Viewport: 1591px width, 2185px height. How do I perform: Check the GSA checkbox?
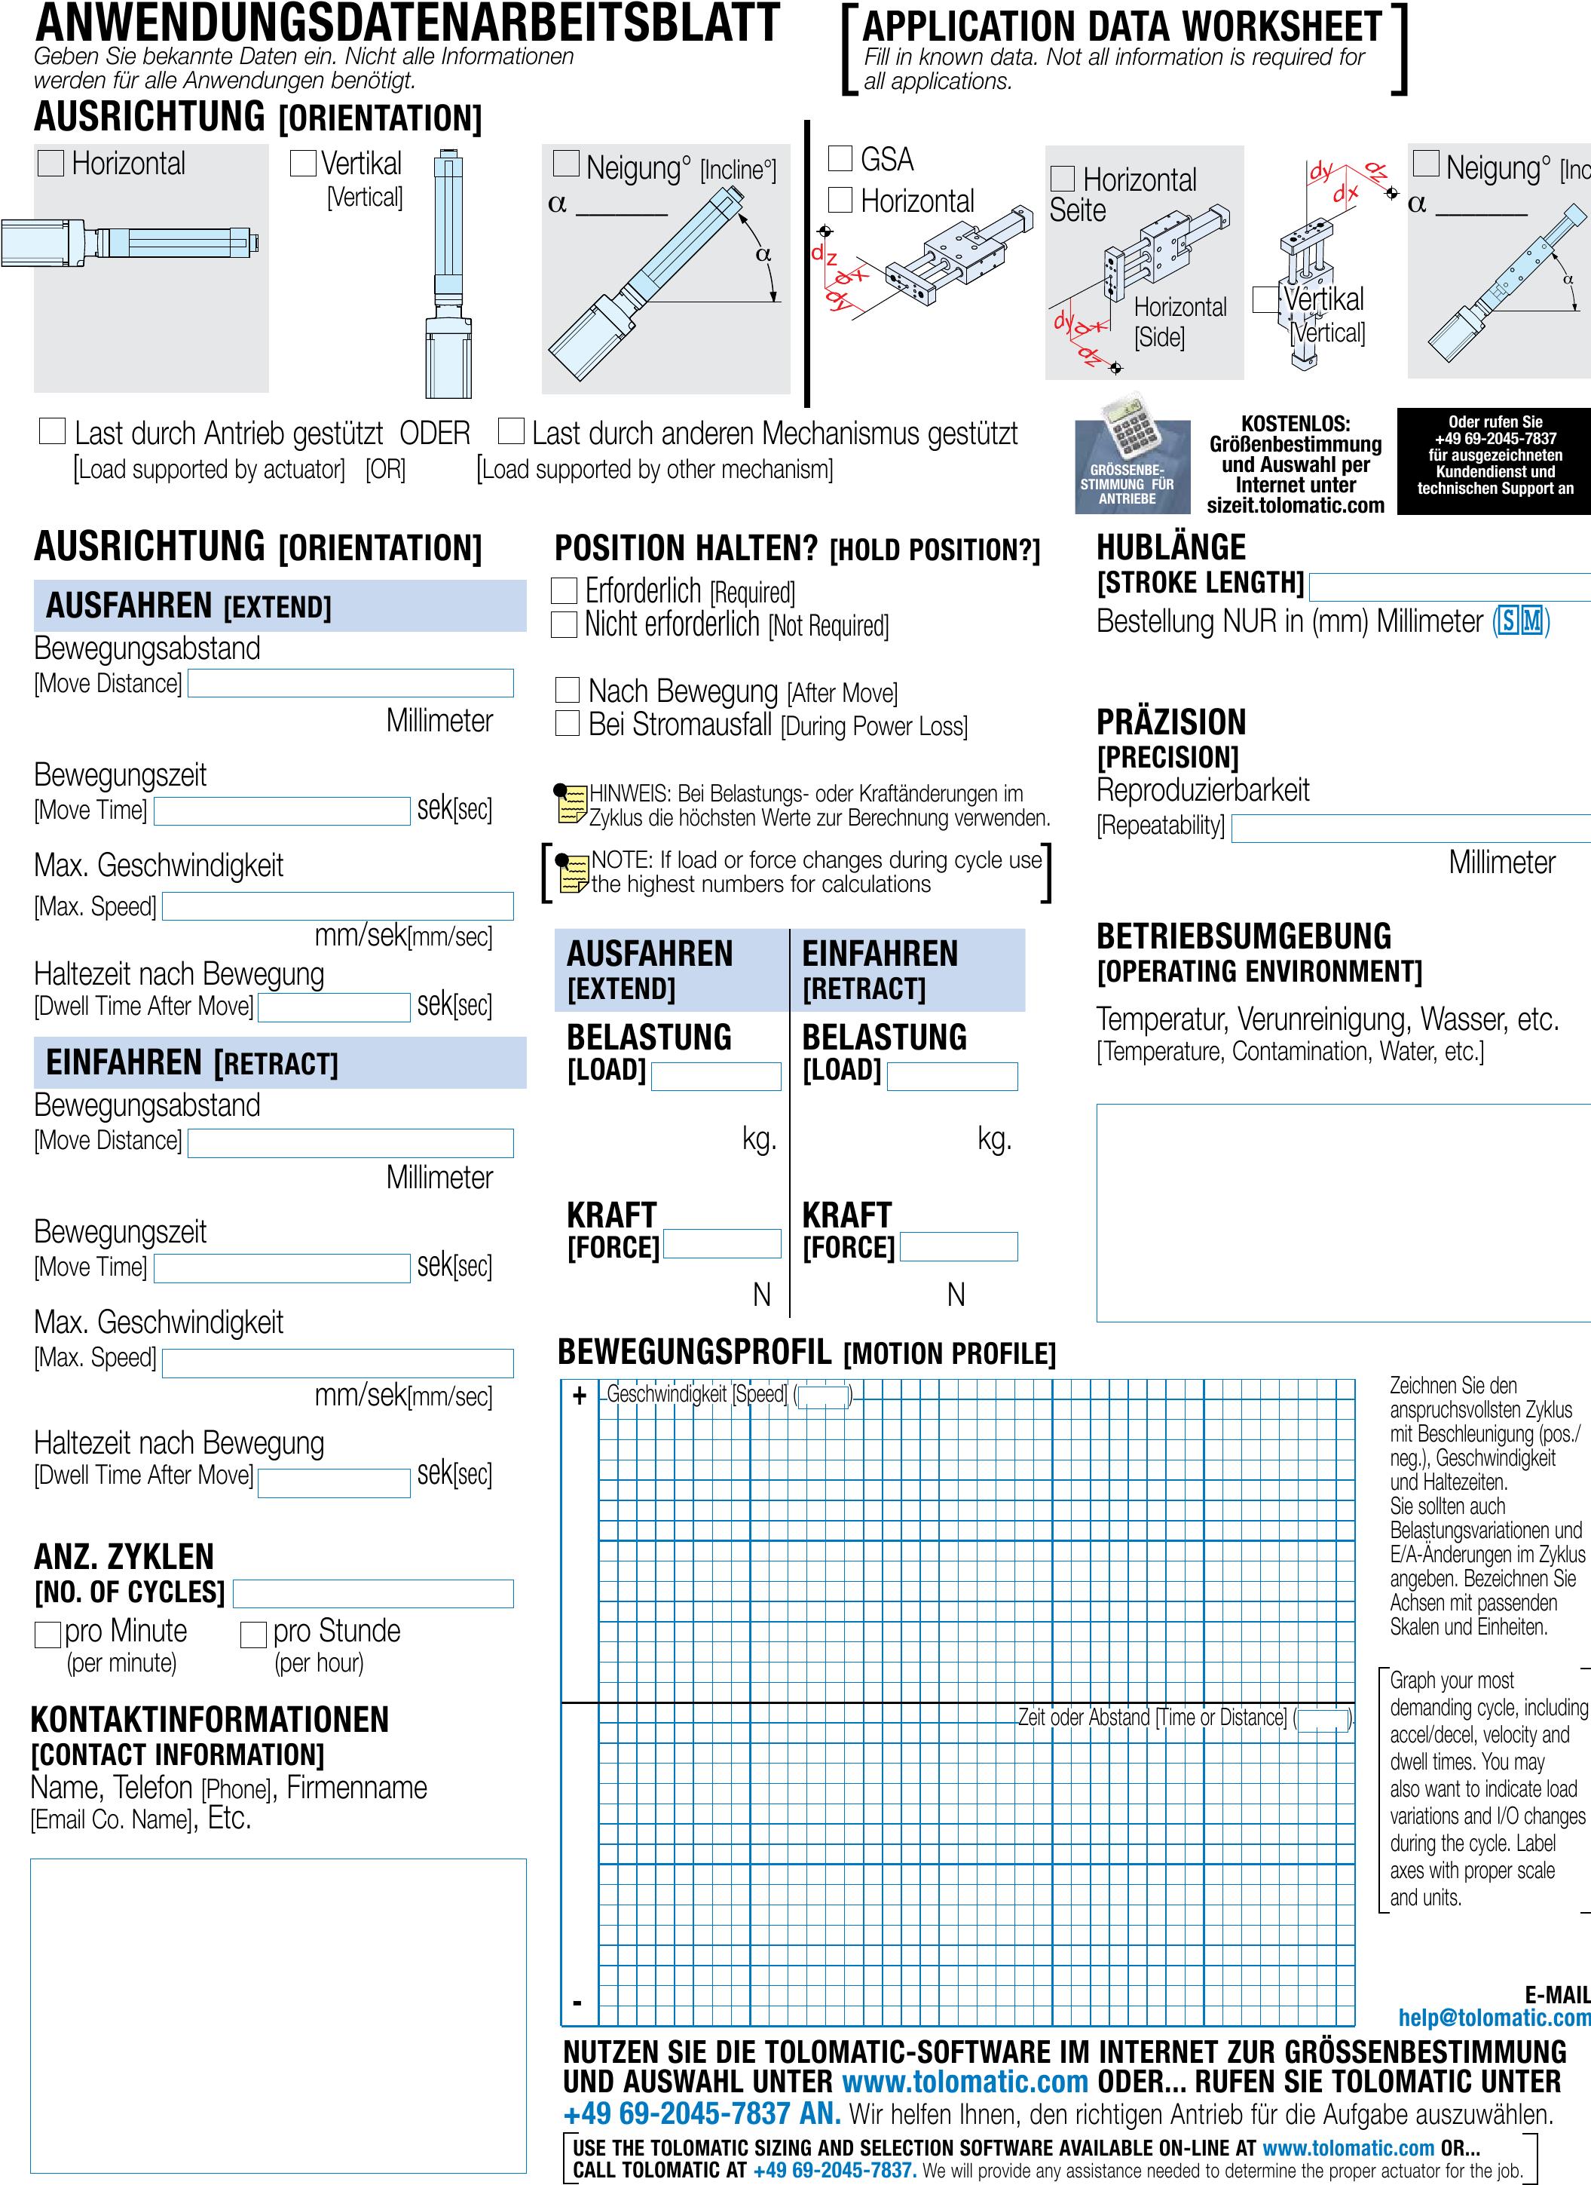840,159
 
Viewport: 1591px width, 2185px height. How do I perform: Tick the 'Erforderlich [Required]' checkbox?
564,590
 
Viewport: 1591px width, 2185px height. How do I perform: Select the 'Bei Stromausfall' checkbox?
568,724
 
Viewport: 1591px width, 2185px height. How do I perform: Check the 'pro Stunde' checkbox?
253,1635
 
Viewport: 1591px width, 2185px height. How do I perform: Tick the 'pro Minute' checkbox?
47,1635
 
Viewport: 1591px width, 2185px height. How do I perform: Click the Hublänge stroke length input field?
1449,587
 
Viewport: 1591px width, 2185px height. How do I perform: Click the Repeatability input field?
1411,829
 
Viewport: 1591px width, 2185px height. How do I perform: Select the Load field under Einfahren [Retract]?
952,1076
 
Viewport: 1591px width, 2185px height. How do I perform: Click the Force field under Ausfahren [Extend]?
721,1244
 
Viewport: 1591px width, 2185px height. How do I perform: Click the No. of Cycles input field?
373,1593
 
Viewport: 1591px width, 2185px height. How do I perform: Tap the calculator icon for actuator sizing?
1131,453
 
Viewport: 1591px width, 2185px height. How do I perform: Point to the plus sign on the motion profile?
579,1396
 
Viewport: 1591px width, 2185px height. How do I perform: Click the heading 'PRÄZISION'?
1171,722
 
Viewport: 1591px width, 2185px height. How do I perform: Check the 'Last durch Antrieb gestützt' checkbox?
52,431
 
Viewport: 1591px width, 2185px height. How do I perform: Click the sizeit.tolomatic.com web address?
1296,506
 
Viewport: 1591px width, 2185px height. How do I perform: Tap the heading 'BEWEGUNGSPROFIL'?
694,1353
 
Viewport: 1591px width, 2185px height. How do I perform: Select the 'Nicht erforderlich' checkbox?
564,624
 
